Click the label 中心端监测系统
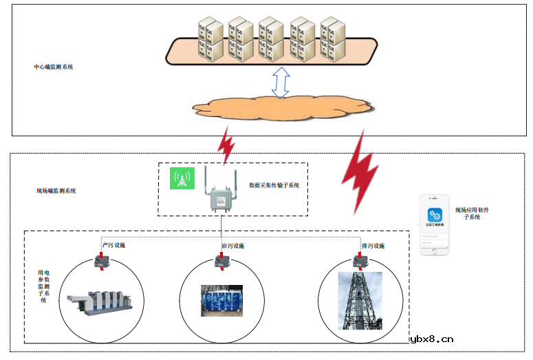coord(54,67)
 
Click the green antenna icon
coord(182,179)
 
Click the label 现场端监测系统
coord(56,190)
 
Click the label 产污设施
coord(113,245)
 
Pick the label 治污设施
coord(232,246)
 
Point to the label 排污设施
coord(373,246)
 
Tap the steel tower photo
coord(360,300)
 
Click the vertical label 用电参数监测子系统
coord(43,286)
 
